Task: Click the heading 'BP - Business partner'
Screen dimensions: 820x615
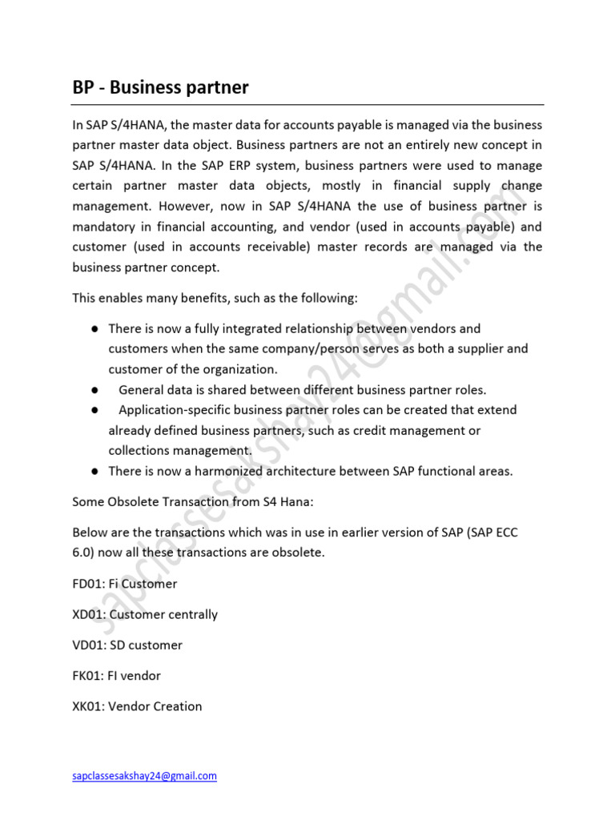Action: (160, 87)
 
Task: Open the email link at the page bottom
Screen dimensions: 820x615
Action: (144, 776)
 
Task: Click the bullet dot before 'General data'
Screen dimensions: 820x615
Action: (94, 390)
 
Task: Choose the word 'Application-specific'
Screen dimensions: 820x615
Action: (171, 410)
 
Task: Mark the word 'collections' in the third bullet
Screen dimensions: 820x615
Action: (142, 451)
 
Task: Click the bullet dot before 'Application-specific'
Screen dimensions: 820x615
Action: (94, 410)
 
